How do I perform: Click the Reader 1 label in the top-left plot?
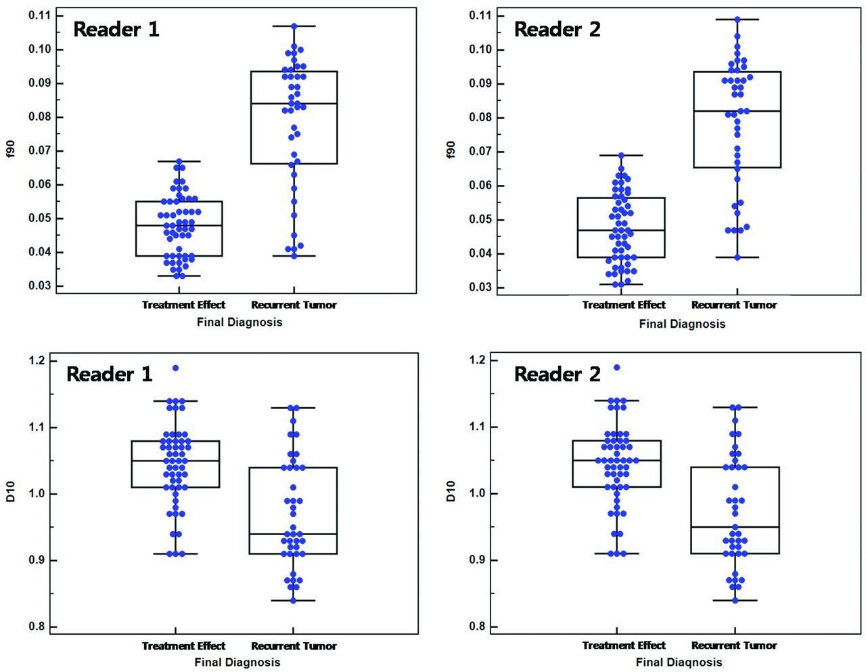[x=116, y=29]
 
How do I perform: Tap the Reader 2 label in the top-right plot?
[x=557, y=29]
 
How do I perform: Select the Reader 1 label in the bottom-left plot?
[x=109, y=374]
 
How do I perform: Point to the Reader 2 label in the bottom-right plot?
[x=557, y=374]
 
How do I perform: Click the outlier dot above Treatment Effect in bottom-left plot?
[x=175, y=368]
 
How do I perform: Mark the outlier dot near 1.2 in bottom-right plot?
[x=616, y=367]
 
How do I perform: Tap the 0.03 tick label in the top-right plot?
[x=482, y=287]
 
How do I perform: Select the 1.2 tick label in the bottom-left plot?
[x=37, y=360]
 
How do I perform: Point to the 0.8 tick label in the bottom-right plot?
[x=478, y=627]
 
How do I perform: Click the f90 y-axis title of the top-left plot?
[x=11, y=150]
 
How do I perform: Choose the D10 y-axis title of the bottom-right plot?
[x=451, y=491]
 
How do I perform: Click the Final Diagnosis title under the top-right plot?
[x=681, y=324]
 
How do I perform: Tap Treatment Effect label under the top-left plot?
[x=183, y=305]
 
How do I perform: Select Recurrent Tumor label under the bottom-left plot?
[x=294, y=646]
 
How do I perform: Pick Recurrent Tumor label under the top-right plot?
[x=734, y=305]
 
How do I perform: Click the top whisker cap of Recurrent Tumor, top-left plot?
[x=294, y=26]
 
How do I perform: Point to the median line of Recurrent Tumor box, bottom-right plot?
[x=735, y=527]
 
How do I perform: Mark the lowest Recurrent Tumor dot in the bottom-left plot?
[x=293, y=600]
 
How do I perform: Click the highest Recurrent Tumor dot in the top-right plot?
[x=737, y=20]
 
